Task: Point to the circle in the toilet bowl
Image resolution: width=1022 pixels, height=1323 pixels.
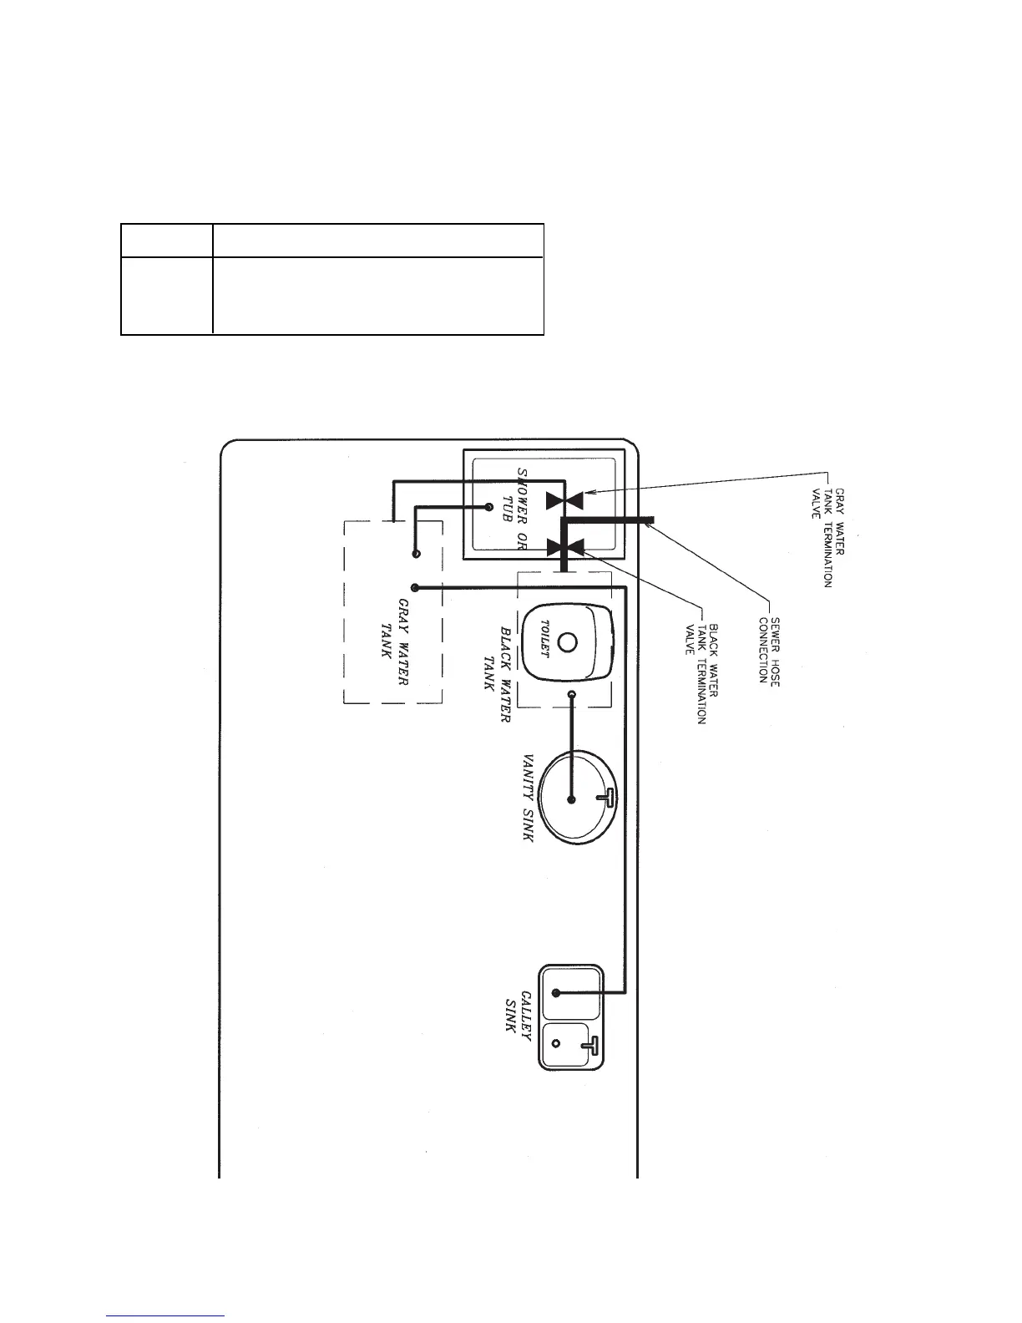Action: pos(568,643)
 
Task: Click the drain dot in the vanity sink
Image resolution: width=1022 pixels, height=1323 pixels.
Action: pos(572,799)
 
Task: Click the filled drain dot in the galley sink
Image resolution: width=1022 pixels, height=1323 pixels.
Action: pos(556,993)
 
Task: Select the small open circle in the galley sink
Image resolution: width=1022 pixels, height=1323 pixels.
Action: pos(555,1044)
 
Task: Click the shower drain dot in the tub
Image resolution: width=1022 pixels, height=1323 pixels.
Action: pos(490,505)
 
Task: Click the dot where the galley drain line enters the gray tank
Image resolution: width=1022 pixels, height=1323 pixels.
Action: pos(415,588)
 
